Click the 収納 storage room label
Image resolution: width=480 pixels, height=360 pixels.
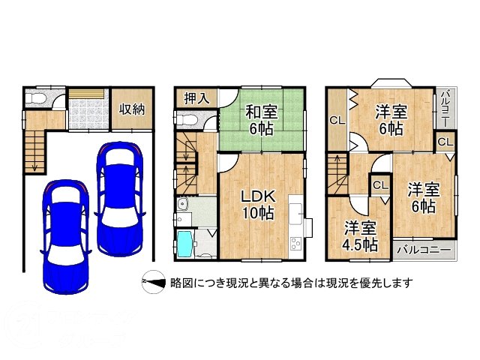pos(132,109)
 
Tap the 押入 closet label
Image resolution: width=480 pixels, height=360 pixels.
pos(196,98)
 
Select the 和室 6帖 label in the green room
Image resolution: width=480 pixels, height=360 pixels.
pos(262,120)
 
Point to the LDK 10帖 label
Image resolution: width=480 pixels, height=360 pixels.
pos(258,205)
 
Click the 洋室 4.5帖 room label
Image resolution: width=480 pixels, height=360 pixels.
pos(360,235)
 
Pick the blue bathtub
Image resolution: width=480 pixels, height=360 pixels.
pos(185,244)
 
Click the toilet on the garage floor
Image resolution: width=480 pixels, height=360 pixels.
pos(35,98)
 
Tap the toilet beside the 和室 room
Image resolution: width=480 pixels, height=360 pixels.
pos(187,119)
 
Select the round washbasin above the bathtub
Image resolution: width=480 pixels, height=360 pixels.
pos(183,203)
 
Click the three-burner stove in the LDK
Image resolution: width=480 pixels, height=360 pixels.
pos(295,243)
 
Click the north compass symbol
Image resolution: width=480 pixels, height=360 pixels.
pos(154,282)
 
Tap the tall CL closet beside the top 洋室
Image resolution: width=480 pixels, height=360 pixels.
pos(337,120)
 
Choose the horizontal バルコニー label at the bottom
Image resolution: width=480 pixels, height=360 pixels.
pos(424,250)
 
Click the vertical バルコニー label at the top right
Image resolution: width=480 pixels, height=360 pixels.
pos(445,108)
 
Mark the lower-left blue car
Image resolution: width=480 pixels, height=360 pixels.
pos(66,237)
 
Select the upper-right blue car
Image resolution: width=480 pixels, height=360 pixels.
pos(120,199)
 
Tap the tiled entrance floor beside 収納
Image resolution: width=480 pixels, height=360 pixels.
pos(88,114)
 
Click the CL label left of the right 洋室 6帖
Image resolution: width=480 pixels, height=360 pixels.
pos(381,185)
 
